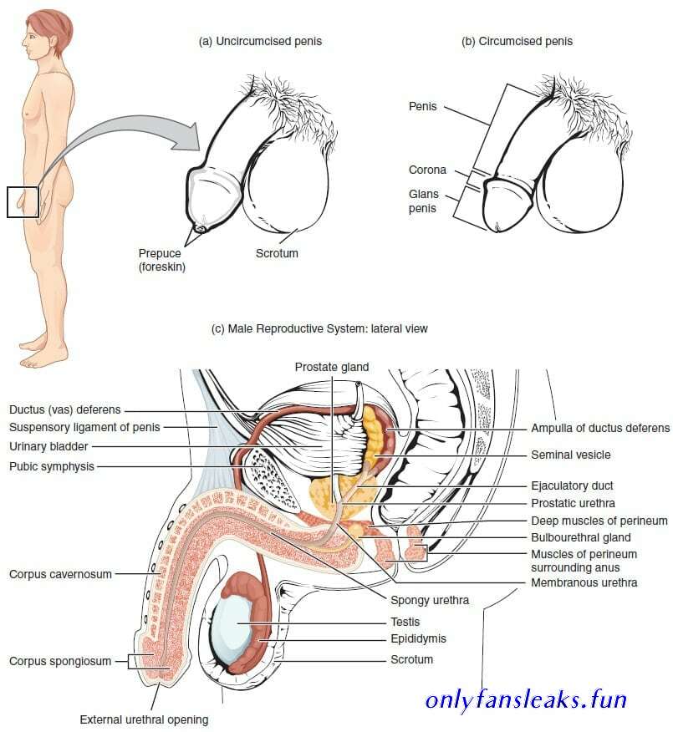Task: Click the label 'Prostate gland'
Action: pyautogui.click(x=332, y=368)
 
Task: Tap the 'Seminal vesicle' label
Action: pyautogui.click(x=571, y=455)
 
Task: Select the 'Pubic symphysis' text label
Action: pyautogui.click(x=52, y=466)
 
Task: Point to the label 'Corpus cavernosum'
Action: pyautogui.click(x=61, y=574)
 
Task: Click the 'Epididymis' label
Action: pyautogui.click(x=419, y=638)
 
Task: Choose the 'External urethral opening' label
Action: pyautogui.click(x=144, y=719)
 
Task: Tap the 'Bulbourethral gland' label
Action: pyautogui.click(x=581, y=537)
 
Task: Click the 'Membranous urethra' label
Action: pyautogui.click(x=584, y=582)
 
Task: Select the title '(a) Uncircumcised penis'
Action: pyautogui.click(x=260, y=42)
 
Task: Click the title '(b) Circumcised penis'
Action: pyautogui.click(x=517, y=42)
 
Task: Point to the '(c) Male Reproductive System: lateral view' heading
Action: pyautogui.click(x=319, y=328)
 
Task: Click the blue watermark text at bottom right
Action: pyautogui.click(x=526, y=700)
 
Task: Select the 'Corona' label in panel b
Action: pyautogui.click(x=427, y=170)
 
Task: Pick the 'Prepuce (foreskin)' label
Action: pyautogui.click(x=161, y=260)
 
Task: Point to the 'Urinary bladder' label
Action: pyautogui.click(x=48, y=447)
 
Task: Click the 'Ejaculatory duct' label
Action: pyautogui.click(x=572, y=486)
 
